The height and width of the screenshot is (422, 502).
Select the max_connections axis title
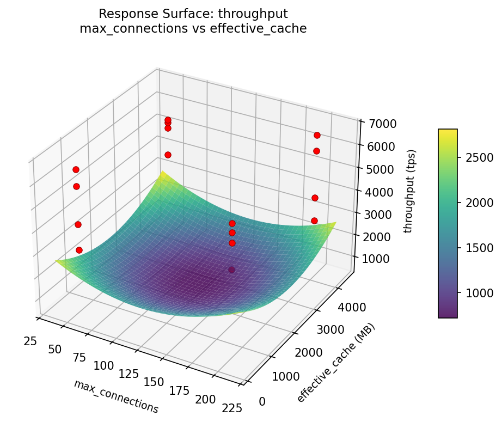coord(116,396)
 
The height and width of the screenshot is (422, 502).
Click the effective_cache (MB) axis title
coord(336,363)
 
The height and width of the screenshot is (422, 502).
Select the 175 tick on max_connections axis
coord(179,391)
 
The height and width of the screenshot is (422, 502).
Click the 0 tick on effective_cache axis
coord(262,401)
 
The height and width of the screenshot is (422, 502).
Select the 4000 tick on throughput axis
coord(374,192)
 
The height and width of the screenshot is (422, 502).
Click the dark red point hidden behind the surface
coord(232,270)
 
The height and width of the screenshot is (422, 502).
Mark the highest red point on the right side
coord(317,135)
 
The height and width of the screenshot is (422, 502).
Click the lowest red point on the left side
coord(79,250)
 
